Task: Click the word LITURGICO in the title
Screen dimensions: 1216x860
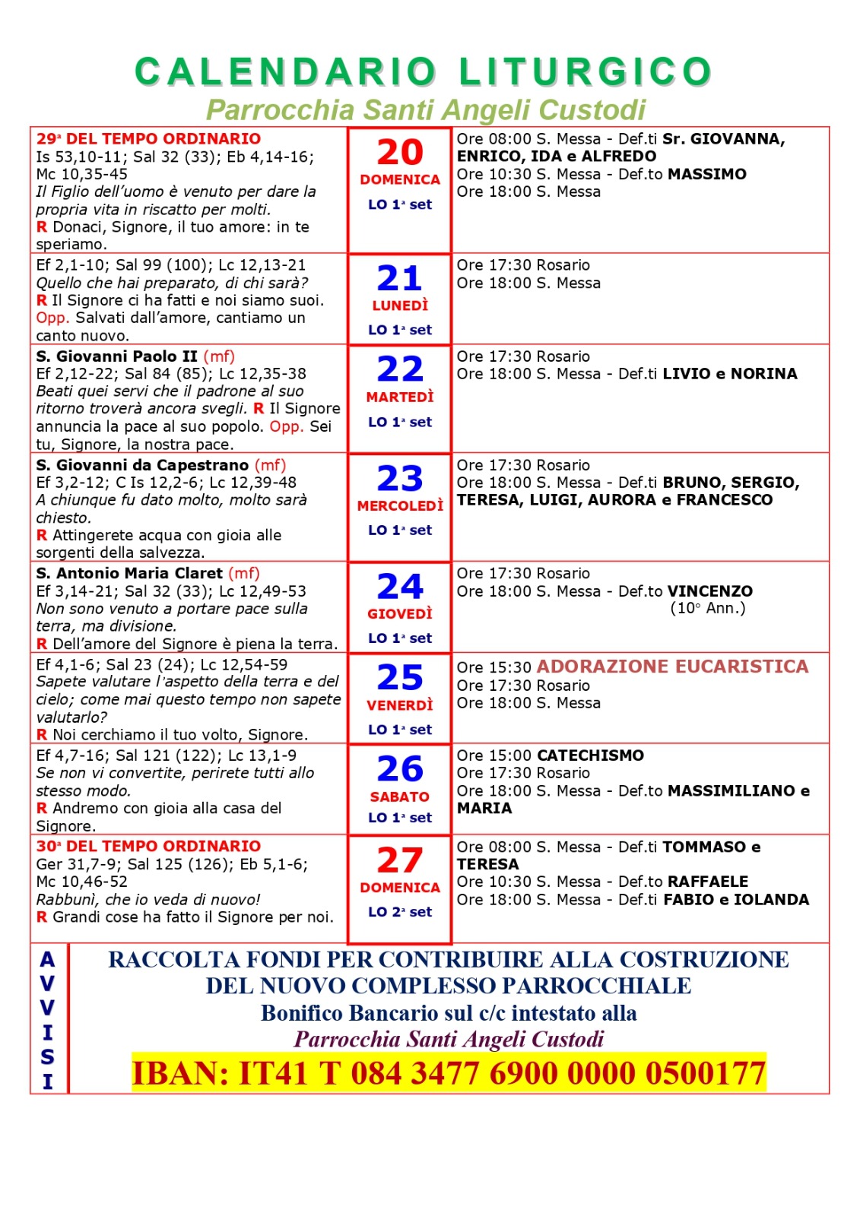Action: coord(585,72)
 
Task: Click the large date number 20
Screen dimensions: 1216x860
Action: coord(400,152)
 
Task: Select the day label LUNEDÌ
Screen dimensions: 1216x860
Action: coord(400,306)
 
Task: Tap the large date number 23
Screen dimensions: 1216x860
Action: coord(400,479)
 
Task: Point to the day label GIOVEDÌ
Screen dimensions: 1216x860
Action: coord(400,613)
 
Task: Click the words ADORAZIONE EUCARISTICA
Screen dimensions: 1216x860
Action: coord(672,667)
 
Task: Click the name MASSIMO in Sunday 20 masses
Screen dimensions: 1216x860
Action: coord(707,174)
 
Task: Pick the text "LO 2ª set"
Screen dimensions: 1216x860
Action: coord(400,912)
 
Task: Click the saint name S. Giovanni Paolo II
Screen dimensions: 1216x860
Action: coord(116,356)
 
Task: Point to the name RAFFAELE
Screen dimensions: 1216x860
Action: coord(708,882)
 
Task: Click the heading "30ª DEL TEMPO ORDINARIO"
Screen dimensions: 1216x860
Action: coord(148,846)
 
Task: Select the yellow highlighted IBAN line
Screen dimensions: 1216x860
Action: coord(449,1073)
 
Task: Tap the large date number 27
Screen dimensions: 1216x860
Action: coord(400,860)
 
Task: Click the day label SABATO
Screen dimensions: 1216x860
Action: coord(400,796)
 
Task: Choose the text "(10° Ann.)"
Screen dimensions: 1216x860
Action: coord(707,608)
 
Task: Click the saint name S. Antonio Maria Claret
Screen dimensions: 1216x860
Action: coord(129,573)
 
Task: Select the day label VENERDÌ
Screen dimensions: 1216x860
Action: coord(400,705)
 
